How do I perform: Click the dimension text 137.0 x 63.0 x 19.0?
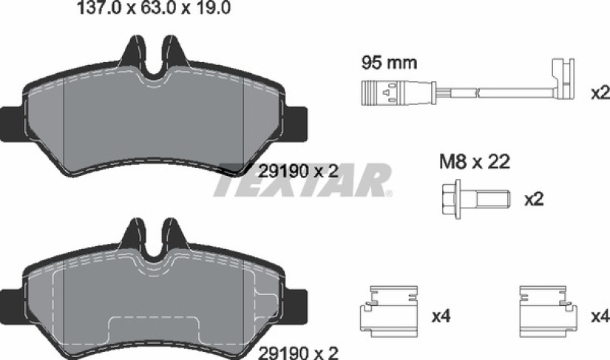pyautogui.click(x=154, y=8)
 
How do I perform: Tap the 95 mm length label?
pyautogui.click(x=389, y=63)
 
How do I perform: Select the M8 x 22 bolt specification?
pyautogui.click(x=474, y=162)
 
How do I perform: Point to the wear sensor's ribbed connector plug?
pyautogui.click(x=379, y=93)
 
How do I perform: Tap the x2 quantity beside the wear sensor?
pyautogui.click(x=600, y=93)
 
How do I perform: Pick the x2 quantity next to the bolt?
pyautogui.click(x=534, y=200)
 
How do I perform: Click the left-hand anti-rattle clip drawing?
pyautogui.click(x=389, y=312)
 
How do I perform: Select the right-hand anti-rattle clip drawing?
pyautogui.click(x=549, y=312)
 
